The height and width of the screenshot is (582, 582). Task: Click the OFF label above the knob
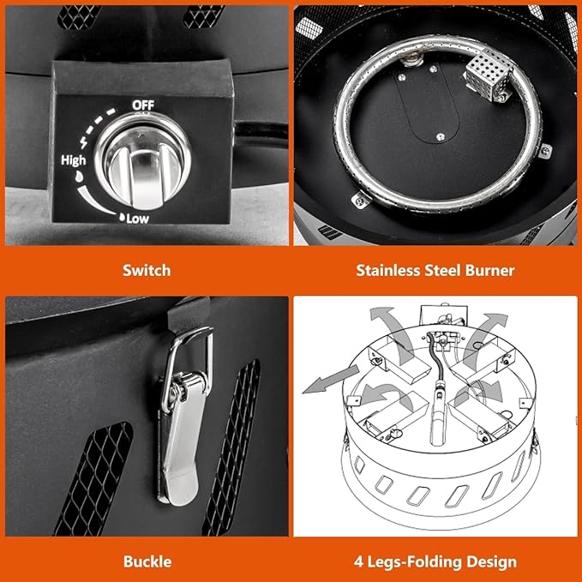[x=142, y=105]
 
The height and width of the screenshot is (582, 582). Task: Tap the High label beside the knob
[x=73, y=159]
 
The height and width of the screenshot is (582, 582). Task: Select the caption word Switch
[x=146, y=270]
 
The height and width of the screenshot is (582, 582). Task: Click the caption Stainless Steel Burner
[x=435, y=270]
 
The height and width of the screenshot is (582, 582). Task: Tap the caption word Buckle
[x=146, y=561]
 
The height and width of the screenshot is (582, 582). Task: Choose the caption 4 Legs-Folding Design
[x=435, y=561]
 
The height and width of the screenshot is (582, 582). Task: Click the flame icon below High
[x=79, y=174]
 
